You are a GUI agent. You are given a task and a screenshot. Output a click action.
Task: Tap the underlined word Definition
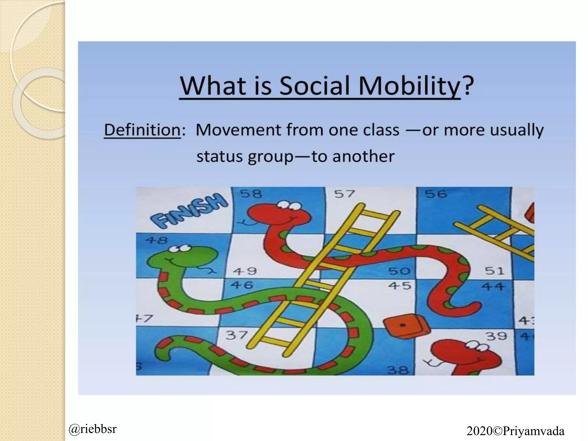[142, 130]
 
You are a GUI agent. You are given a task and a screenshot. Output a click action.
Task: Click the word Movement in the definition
[239, 130]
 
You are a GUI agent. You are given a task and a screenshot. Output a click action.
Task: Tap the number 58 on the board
[251, 194]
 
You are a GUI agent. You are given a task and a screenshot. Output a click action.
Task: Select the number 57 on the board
[345, 194]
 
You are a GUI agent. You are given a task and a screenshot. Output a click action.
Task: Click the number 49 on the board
[245, 271]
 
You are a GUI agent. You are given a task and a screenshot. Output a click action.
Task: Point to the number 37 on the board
[236, 335]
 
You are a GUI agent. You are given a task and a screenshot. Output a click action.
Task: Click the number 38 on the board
[398, 370]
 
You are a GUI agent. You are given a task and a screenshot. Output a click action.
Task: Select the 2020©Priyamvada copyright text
[515, 431]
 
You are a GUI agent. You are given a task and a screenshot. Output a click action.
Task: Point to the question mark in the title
[467, 86]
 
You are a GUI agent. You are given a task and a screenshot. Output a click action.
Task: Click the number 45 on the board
[400, 286]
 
